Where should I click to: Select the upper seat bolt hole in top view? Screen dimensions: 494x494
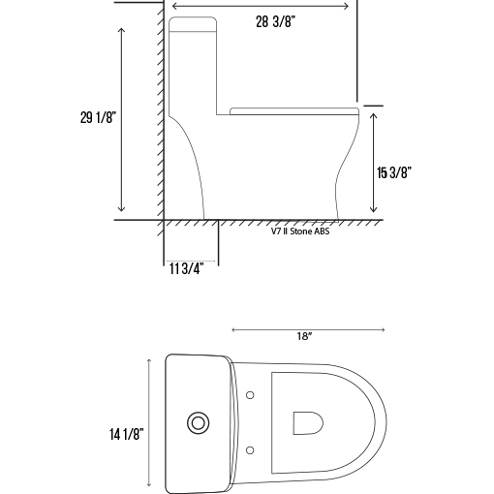pos(251,395)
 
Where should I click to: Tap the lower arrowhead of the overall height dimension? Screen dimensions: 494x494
pos(121,210)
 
